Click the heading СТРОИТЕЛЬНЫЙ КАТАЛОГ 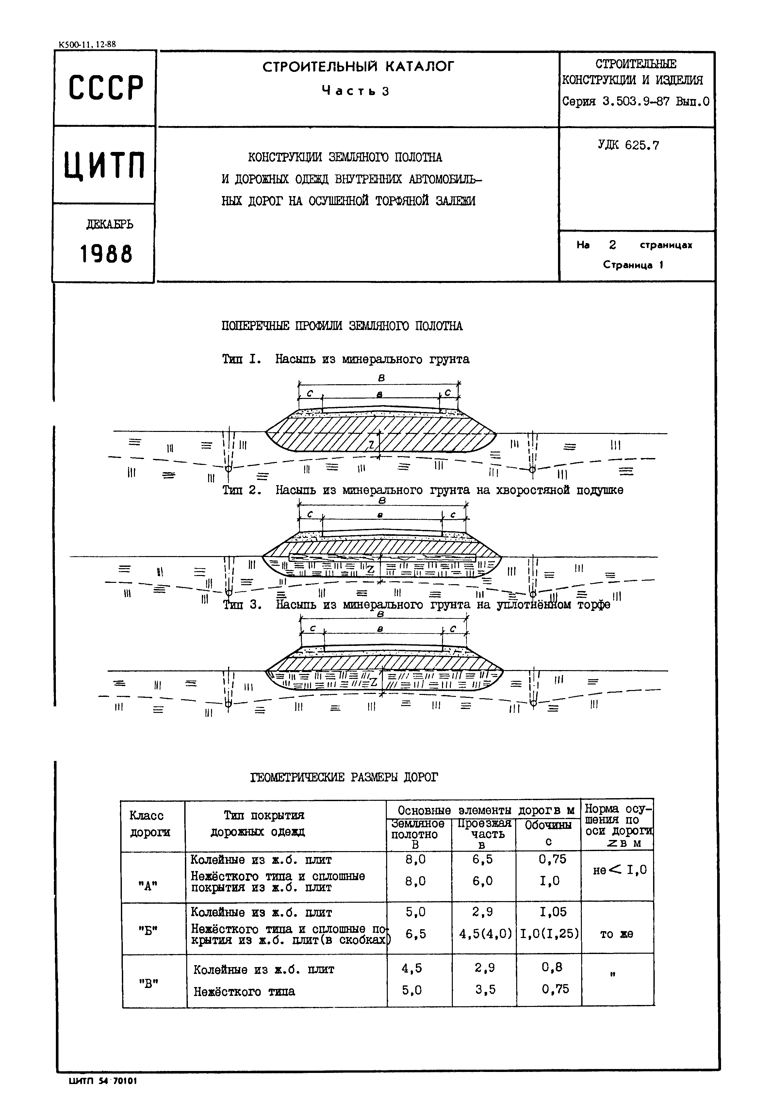(358, 66)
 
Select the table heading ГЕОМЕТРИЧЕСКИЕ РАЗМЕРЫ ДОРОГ (344, 778)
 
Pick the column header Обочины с (548, 833)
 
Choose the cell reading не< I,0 (619, 870)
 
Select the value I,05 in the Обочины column (550, 912)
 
